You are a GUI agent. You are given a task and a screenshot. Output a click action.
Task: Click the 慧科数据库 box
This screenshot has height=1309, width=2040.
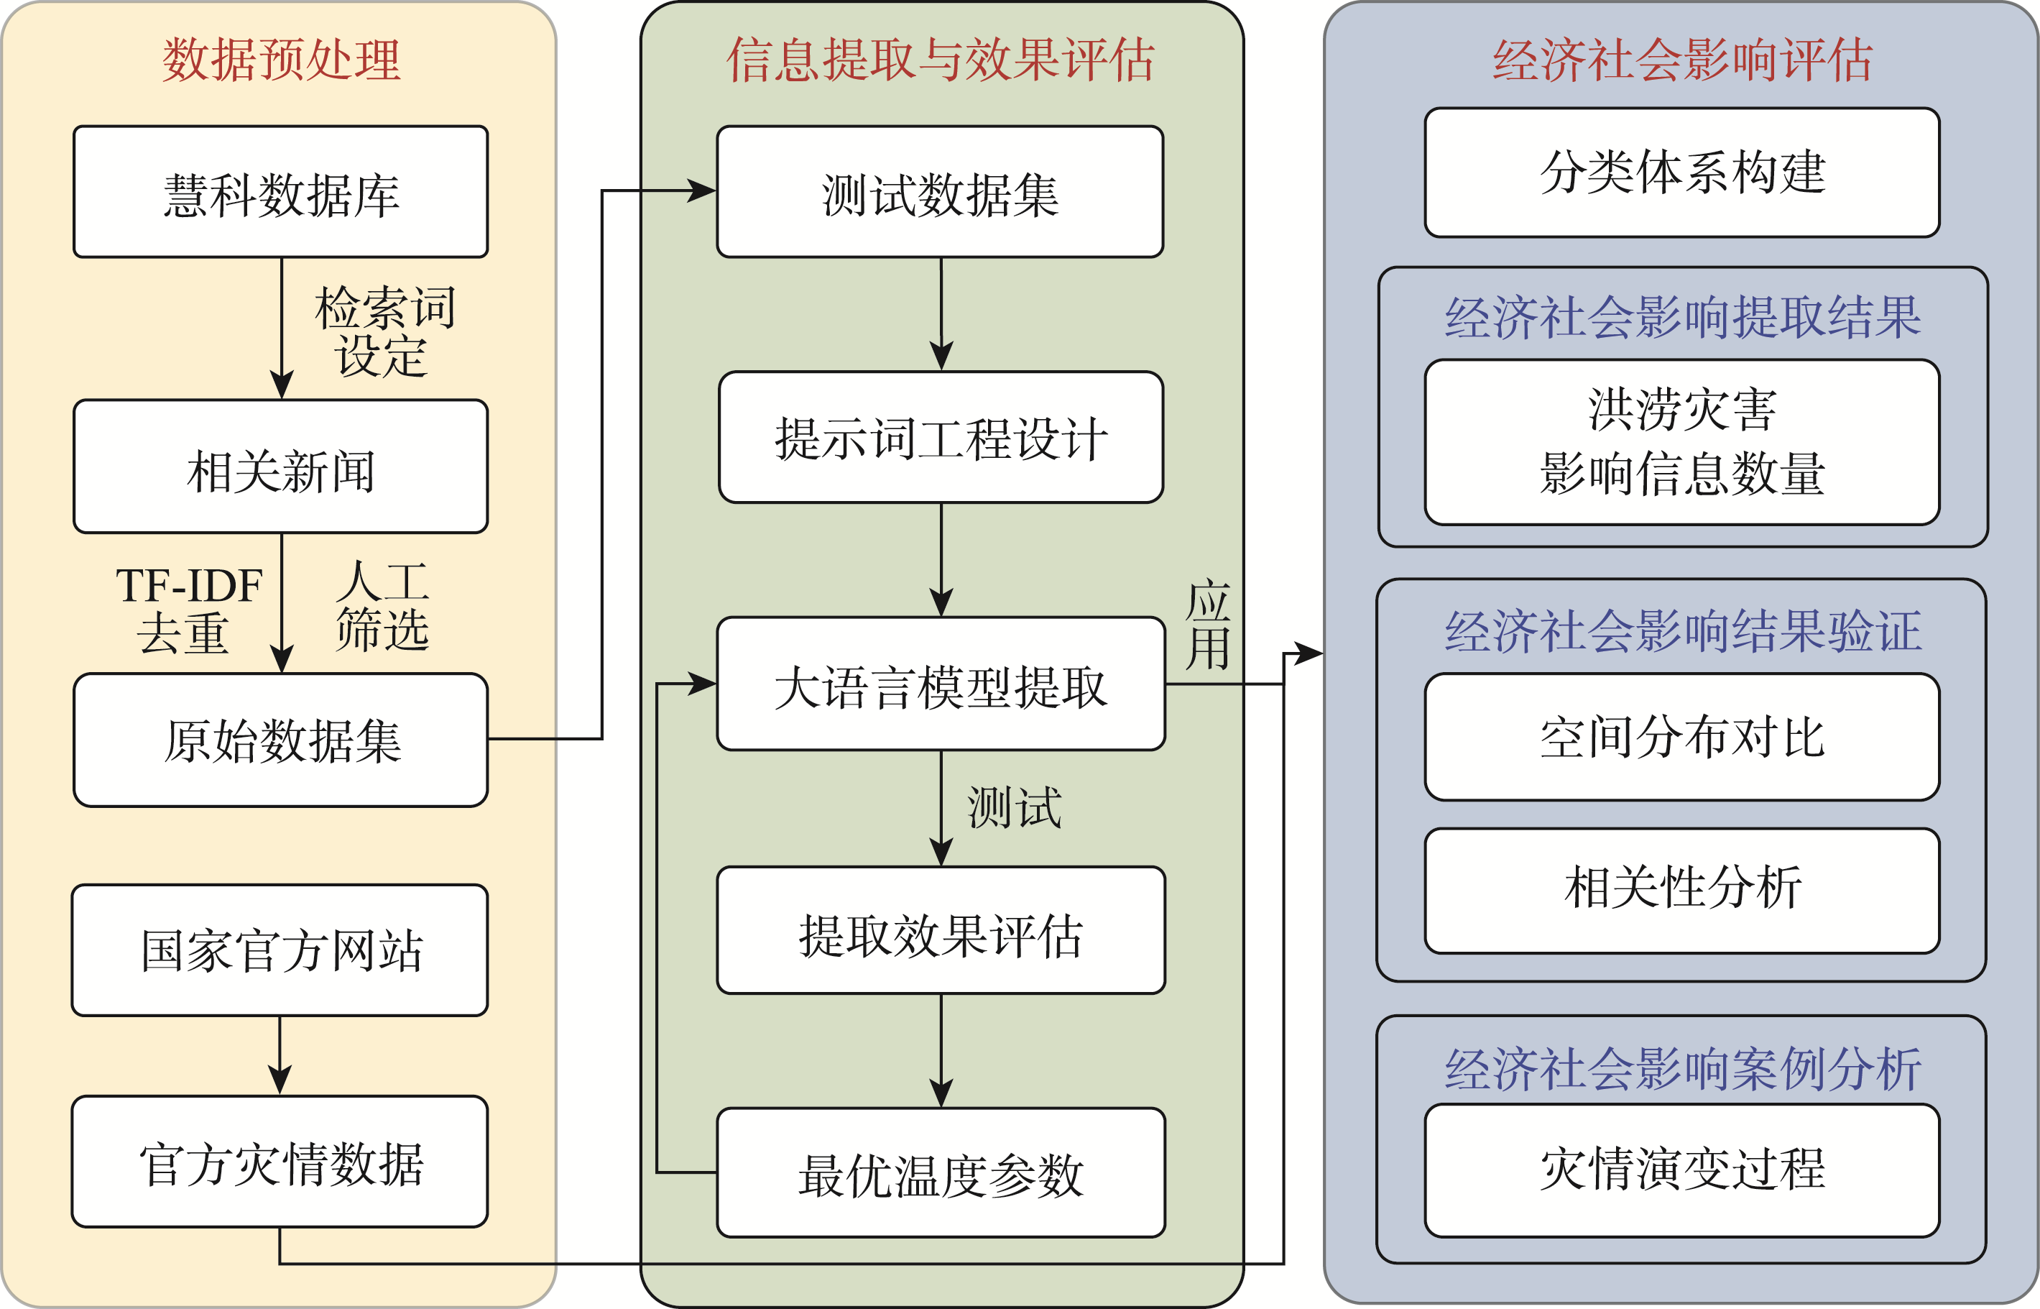click(280, 192)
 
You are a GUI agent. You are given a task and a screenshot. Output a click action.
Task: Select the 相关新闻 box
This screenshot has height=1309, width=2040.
click(280, 467)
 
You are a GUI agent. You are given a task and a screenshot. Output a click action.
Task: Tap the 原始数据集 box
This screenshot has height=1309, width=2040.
click(280, 740)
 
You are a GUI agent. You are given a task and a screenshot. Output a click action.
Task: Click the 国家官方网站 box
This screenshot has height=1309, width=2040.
click(280, 950)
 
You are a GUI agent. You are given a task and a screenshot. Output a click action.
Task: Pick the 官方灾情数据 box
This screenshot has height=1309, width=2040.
click(280, 1162)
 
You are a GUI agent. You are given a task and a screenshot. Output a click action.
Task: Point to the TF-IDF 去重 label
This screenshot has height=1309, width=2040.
click(188, 609)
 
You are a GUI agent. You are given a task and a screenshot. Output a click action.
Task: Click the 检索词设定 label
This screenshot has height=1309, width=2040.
click(384, 331)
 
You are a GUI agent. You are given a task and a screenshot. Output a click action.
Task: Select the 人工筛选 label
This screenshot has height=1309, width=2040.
click(382, 605)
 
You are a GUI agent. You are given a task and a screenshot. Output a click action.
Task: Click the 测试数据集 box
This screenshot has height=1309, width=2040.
click(940, 192)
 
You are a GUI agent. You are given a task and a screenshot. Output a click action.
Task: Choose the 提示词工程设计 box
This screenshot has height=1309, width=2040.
click(941, 438)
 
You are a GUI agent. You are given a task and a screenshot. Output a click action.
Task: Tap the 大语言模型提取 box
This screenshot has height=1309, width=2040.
click(941, 684)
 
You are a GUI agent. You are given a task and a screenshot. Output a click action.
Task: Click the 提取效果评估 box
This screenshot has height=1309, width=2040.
click(941, 931)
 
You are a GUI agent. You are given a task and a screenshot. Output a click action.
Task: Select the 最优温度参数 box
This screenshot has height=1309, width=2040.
click(941, 1173)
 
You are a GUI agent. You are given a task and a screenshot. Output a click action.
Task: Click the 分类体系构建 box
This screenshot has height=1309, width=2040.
click(1681, 173)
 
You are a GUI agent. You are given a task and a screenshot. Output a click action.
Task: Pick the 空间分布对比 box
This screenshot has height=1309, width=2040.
click(1681, 737)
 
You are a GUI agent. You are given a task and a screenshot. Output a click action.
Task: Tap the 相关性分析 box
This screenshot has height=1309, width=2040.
click(1681, 891)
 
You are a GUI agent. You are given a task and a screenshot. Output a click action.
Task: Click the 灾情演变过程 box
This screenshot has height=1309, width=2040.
click(1681, 1170)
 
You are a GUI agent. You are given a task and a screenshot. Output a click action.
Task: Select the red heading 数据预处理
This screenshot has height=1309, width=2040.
click(280, 60)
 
